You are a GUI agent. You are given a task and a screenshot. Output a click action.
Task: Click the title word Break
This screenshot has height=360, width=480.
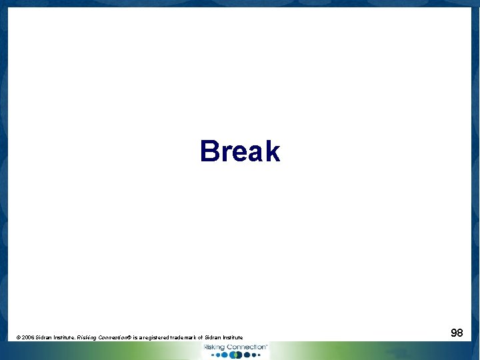pyautogui.click(x=240, y=151)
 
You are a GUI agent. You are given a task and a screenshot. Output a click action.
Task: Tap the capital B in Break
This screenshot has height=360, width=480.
pyautogui.click(x=209, y=151)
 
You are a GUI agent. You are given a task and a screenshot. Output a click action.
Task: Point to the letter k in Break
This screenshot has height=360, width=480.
pyautogui.click(x=271, y=151)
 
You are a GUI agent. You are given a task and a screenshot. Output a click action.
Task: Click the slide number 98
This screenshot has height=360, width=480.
pyautogui.click(x=457, y=332)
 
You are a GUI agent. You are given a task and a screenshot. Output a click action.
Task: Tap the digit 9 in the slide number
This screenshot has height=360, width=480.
pyautogui.click(x=453, y=332)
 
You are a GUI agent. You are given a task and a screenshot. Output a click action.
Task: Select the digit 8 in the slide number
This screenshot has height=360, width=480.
pyautogui.click(x=460, y=332)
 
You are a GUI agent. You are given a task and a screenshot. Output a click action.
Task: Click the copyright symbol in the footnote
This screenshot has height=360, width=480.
pyautogui.click(x=18, y=338)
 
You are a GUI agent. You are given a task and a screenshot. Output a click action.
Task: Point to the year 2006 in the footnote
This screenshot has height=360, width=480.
pyautogui.click(x=29, y=338)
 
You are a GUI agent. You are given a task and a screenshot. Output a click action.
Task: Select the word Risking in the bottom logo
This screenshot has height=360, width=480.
pyautogui.click(x=215, y=347)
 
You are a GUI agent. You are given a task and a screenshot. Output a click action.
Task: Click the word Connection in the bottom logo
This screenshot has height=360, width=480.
pyautogui.click(x=246, y=347)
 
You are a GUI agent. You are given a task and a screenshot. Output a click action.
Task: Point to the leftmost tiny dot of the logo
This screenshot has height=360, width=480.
pyautogui.click(x=213, y=355)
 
